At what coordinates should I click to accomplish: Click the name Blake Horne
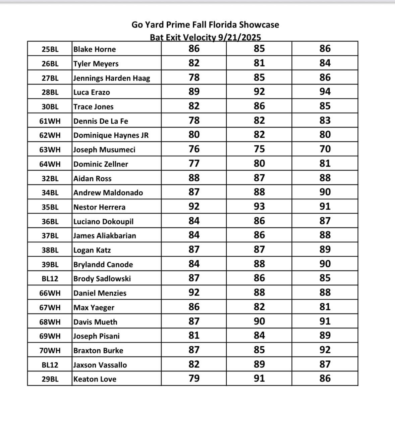(x=95, y=49)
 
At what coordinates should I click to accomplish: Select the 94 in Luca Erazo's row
(x=325, y=92)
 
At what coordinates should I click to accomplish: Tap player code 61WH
(x=50, y=121)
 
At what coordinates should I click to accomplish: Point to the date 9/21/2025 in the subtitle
(x=239, y=37)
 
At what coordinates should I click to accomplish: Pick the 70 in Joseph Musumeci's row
(x=325, y=149)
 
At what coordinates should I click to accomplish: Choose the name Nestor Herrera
(x=99, y=207)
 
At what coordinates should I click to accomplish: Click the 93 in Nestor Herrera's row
(x=259, y=206)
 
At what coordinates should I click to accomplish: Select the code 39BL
(x=50, y=264)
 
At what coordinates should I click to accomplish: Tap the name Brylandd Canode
(x=103, y=264)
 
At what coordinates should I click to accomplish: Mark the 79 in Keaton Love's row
(x=194, y=379)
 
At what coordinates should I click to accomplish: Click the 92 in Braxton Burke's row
(x=325, y=350)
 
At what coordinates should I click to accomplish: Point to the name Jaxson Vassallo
(x=100, y=365)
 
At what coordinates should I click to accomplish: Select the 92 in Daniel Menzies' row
(x=194, y=293)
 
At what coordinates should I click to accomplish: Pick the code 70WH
(x=50, y=350)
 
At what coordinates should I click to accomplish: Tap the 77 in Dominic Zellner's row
(x=194, y=164)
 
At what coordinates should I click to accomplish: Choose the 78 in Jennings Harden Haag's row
(x=194, y=78)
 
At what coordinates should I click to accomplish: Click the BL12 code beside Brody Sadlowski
(x=50, y=278)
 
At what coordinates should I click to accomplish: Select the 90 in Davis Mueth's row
(x=259, y=321)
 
